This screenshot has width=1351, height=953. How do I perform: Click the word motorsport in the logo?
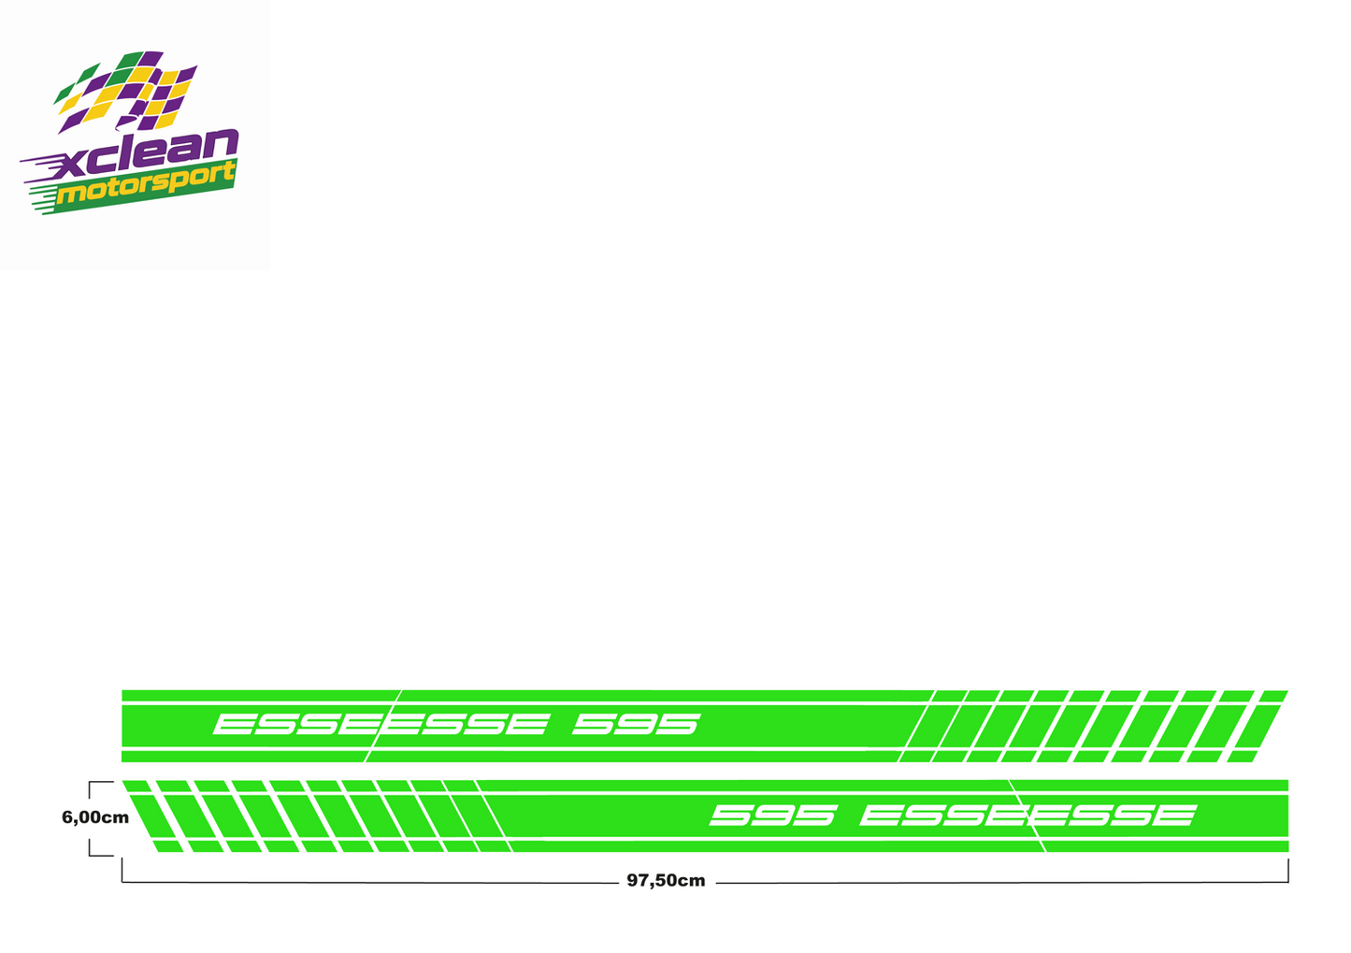point(146,184)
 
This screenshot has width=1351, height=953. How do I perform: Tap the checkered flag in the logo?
point(125,92)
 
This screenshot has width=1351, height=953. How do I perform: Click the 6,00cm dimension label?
point(95,818)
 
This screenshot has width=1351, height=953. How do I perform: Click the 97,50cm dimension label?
point(666,881)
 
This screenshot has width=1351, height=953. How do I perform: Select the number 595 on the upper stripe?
point(637,725)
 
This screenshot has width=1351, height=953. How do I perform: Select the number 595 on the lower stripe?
point(774,815)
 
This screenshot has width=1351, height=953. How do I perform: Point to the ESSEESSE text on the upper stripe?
point(381,725)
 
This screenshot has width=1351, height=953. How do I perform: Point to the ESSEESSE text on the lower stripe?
point(1028,815)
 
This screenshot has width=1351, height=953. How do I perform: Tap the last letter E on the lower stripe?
point(1175,815)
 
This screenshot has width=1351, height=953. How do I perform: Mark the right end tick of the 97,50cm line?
point(1288,871)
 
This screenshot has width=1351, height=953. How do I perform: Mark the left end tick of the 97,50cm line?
point(122,871)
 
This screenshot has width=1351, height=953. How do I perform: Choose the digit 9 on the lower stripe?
point(774,815)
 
